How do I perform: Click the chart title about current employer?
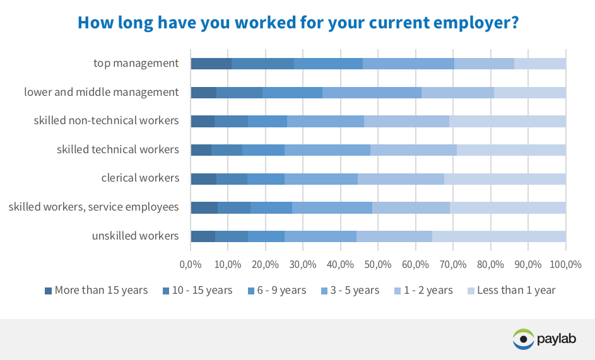coord(298,23)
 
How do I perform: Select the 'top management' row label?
coord(136,63)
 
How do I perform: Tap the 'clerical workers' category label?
coord(140,178)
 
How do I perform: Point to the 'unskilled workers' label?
coord(135,236)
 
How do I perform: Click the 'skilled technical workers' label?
coord(117,149)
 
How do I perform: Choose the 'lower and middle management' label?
coord(102,92)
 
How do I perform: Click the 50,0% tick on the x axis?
coord(377,264)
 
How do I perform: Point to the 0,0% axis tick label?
coord(191,264)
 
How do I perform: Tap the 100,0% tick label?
coord(565,264)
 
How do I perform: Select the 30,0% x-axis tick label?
coord(303,264)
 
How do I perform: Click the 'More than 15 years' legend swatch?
coord(48,291)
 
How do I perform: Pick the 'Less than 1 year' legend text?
coord(516,290)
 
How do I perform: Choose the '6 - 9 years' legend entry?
coord(277,290)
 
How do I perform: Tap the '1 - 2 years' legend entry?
coord(423,290)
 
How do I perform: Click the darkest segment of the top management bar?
coord(211,64)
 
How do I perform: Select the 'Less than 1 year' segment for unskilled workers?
coord(499,236)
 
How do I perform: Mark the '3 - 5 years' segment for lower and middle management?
coord(372,93)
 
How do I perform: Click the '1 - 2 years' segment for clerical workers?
coord(401,179)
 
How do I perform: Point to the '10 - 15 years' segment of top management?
coord(263,64)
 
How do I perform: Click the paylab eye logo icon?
coord(523,339)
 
